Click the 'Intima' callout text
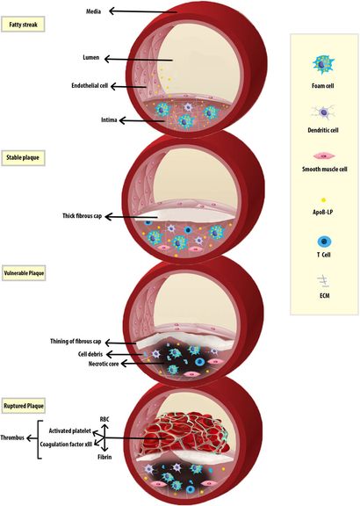(x=107, y=119)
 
